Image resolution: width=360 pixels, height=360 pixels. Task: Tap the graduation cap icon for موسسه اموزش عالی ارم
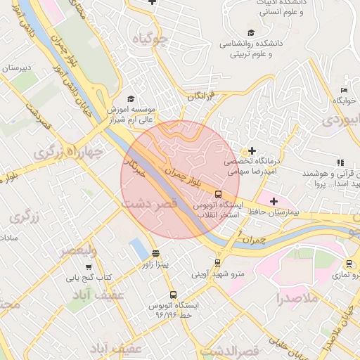click(x=129, y=99)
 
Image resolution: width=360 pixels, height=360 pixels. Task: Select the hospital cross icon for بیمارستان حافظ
click(x=274, y=202)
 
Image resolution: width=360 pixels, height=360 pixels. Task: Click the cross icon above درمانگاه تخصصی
click(x=252, y=150)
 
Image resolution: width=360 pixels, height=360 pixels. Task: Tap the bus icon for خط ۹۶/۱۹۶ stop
click(x=173, y=295)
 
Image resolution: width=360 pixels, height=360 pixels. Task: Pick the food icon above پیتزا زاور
click(x=155, y=253)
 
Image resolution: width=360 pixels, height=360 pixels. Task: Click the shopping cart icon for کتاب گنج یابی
click(x=89, y=267)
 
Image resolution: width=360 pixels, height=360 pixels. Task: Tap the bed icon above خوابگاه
click(x=344, y=90)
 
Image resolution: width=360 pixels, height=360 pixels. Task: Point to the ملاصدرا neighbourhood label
click(x=298, y=298)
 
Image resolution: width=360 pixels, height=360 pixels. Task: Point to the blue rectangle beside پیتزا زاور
click(x=139, y=248)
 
